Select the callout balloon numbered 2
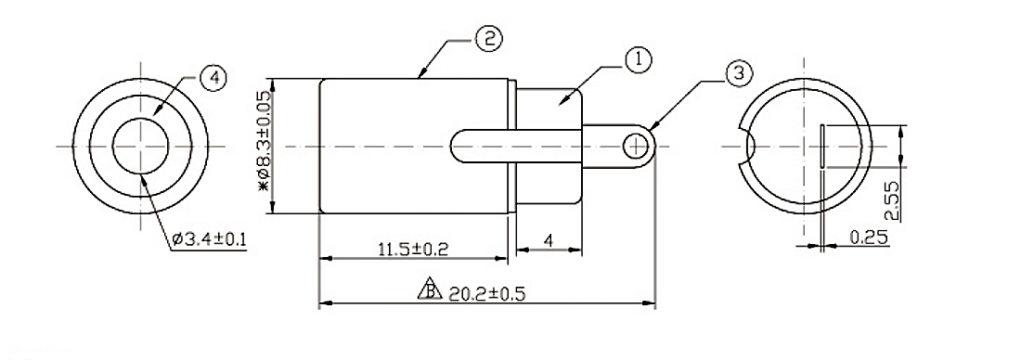(488, 39)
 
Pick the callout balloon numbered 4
(213, 79)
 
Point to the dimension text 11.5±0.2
(413, 249)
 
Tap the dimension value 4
(549, 240)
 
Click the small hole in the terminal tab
(635, 146)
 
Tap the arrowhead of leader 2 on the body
(420, 77)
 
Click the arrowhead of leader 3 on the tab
(652, 127)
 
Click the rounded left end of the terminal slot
(457, 146)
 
